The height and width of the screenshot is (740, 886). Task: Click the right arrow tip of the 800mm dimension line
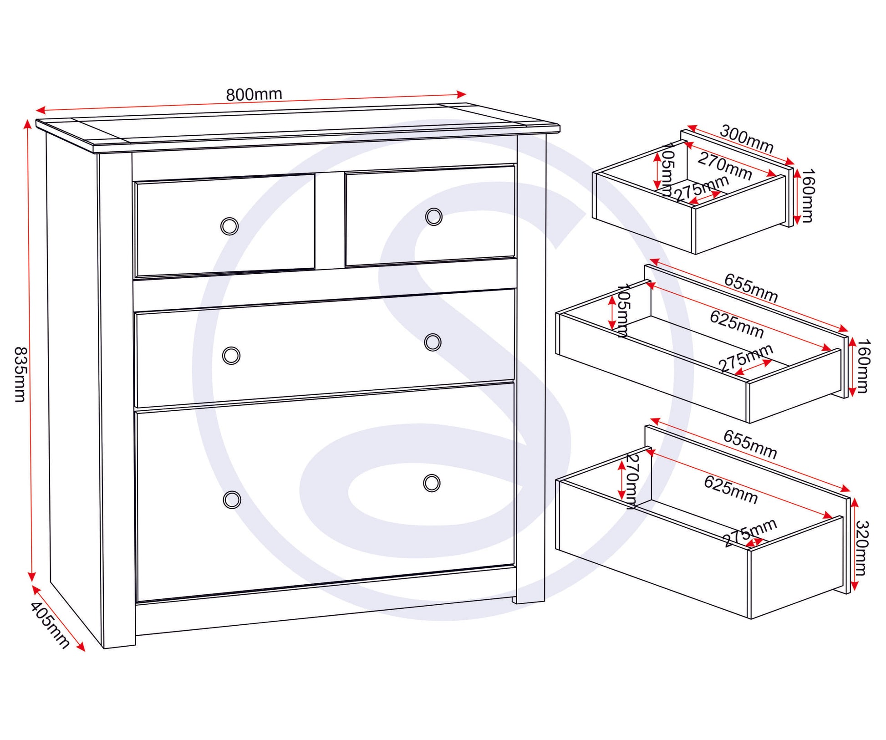[x=466, y=94]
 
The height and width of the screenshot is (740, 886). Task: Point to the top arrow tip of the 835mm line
[x=27, y=120]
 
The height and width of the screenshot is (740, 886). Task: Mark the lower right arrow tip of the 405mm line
[x=85, y=651]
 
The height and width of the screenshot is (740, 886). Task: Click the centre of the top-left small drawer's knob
[x=229, y=226]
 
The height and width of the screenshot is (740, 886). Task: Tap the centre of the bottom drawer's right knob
[x=432, y=483]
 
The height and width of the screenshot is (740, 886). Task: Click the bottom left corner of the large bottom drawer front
[x=137, y=602]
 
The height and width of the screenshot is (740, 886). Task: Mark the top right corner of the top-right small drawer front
[x=514, y=166]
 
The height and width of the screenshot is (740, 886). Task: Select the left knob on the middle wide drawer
[x=231, y=355]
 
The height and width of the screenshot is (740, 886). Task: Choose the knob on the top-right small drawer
[x=433, y=217]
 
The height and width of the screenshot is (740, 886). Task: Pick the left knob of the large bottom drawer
[x=232, y=500]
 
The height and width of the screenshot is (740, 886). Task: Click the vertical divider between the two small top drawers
[x=330, y=220]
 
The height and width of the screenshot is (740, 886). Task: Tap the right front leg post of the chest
[x=531, y=369]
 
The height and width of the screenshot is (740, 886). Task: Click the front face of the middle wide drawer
[x=325, y=348]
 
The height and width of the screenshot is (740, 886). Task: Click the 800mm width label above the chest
[x=254, y=94]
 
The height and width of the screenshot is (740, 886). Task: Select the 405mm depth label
[x=50, y=625]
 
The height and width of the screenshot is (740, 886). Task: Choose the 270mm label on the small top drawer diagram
[x=724, y=166]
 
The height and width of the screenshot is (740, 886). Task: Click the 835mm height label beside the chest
[x=20, y=374]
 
